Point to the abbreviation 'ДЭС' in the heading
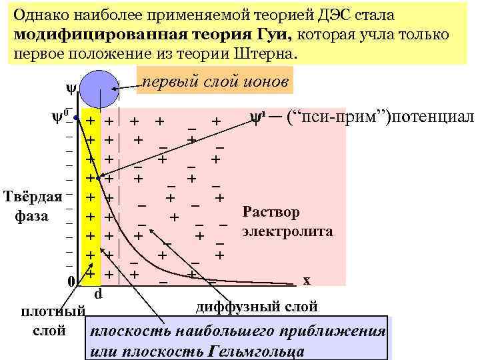pyautogui.click(x=339, y=15)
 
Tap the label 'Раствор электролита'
pyautogui.click(x=287, y=222)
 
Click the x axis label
pyautogui.click(x=306, y=280)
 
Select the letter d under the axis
pyautogui.click(x=97, y=293)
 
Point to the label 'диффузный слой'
pyautogui.click(x=257, y=307)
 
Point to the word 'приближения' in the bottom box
pyautogui.click(x=335, y=331)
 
